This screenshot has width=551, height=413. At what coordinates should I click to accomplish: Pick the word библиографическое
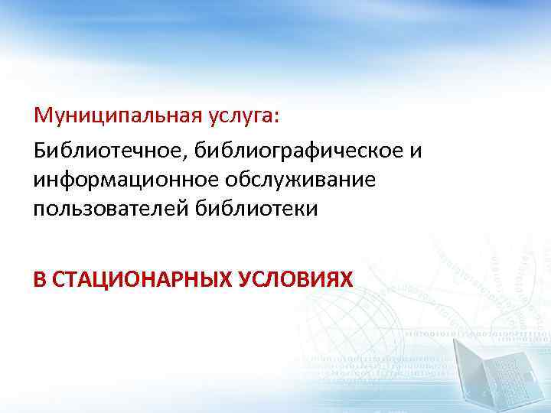pyautogui.click(x=300, y=150)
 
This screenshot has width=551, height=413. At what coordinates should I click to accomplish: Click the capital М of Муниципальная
pyautogui.click(x=43, y=118)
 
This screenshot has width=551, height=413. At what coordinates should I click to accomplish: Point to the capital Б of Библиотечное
pyautogui.click(x=40, y=150)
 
